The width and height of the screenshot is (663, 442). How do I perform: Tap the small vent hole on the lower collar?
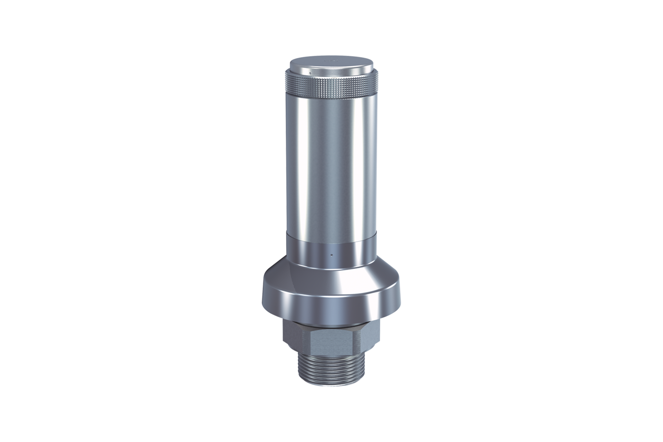[x=331, y=254]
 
